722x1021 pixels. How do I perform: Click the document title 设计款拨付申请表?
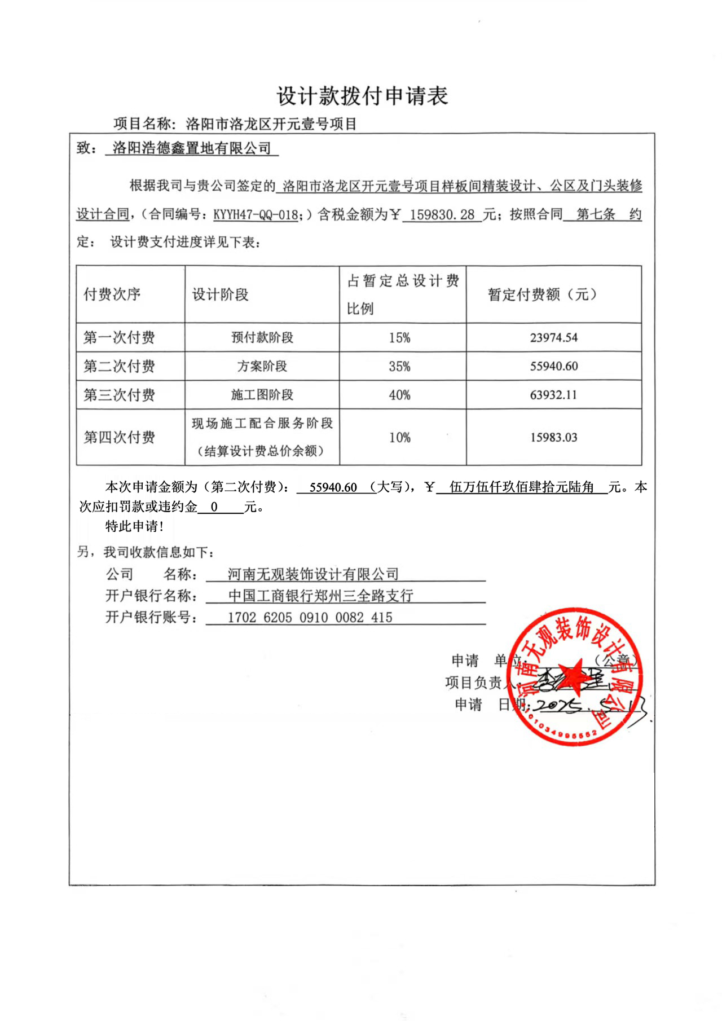point(362,96)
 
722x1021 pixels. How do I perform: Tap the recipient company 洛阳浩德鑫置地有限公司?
point(192,148)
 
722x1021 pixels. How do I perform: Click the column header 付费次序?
point(112,294)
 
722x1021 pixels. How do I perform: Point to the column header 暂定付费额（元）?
point(542,294)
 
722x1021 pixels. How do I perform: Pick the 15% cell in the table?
point(399,338)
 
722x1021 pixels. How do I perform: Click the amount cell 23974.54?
point(553,338)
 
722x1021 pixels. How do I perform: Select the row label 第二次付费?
point(119,367)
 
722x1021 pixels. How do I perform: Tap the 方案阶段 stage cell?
point(262,367)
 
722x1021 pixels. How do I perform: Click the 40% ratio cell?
point(399,395)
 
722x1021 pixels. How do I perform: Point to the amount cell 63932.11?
point(553,395)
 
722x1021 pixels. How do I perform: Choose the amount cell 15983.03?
point(553,437)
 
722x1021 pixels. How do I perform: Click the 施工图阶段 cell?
point(262,395)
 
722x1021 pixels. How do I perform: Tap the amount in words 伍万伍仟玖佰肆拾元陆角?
point(522,487)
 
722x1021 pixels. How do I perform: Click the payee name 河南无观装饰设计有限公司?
point(313,574)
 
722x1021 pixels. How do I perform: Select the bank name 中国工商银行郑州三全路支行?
point(320,596)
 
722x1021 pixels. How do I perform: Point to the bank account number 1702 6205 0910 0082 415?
point(310,618)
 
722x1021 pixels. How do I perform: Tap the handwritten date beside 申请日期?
point(587,705)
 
